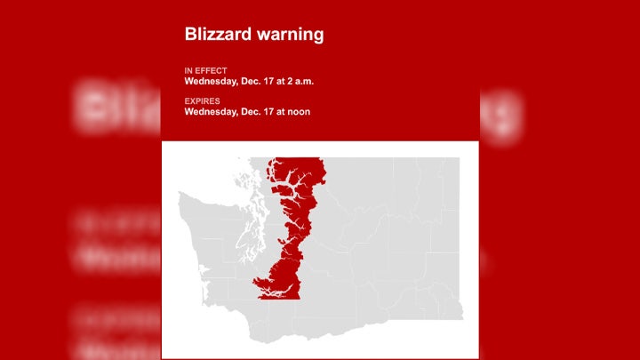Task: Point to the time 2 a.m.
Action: point(298,81)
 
